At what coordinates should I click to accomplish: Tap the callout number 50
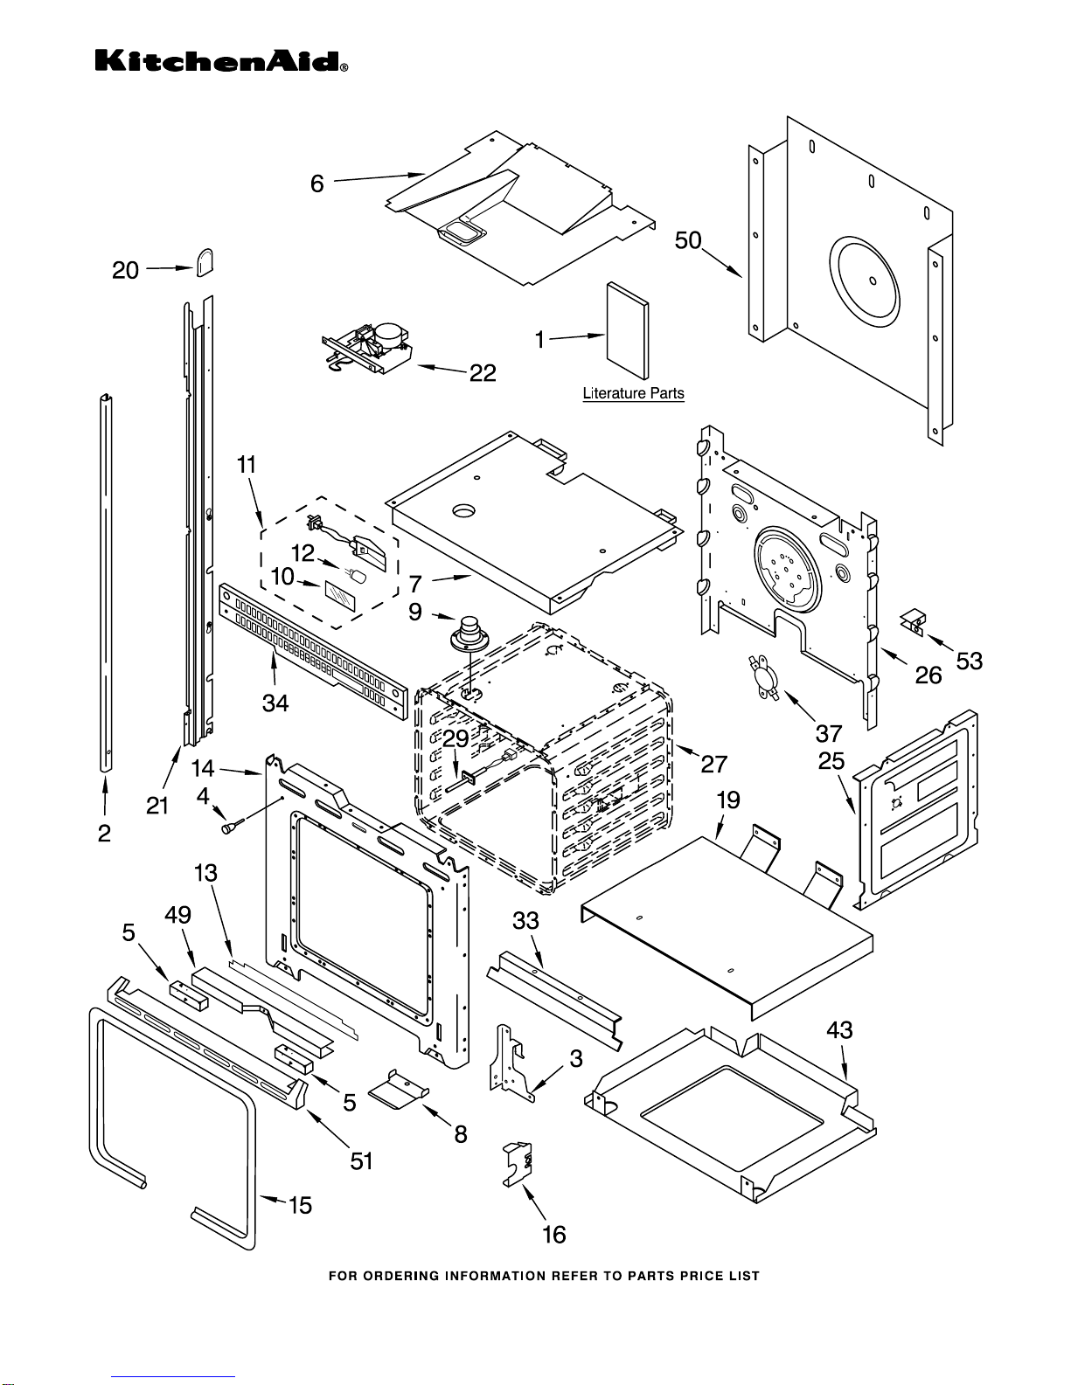[688, 240]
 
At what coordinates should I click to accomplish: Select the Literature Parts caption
[633, 393]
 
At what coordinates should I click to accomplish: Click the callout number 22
[483, 373]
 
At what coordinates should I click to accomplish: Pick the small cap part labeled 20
[205, 262]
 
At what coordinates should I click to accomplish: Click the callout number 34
[275, 703]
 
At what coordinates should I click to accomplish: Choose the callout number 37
[828, 733]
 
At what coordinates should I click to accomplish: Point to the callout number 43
[839, 1030]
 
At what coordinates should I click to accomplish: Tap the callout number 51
[361, 1160]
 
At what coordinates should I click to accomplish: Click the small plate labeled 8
[399, 1090]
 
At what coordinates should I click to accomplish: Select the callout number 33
[525, 920]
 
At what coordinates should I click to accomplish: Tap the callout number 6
[317, 184]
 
